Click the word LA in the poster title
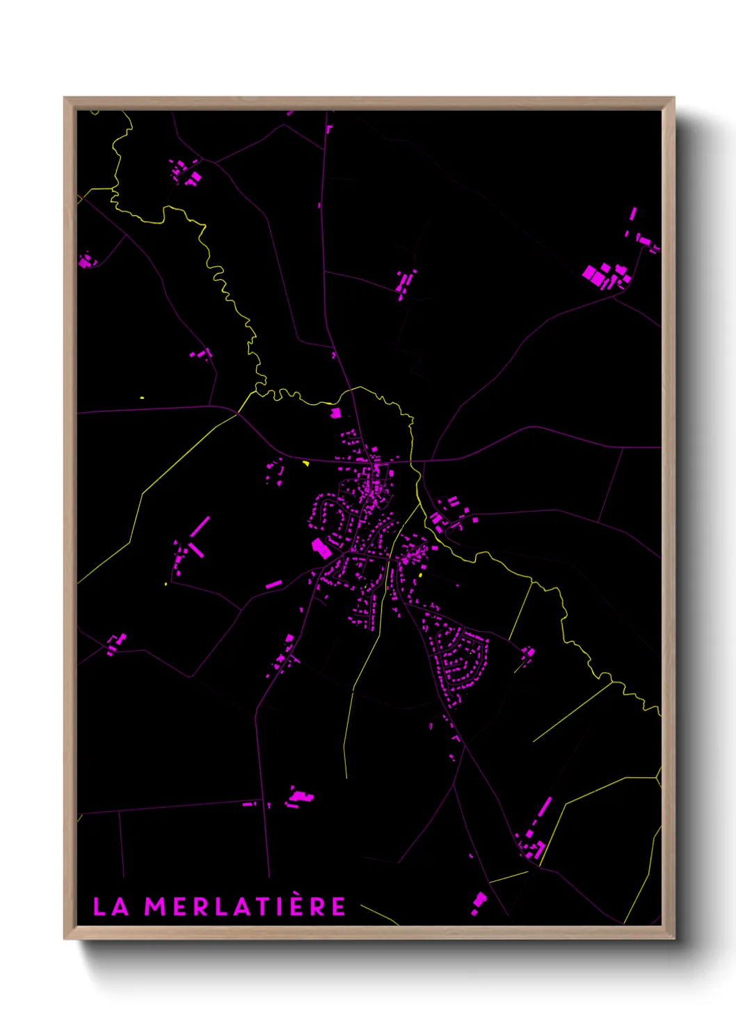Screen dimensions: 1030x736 [x=111, y=907]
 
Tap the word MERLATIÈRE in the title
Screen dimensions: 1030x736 [x=245, y=907]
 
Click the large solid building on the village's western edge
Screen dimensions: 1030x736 [x=321, y=548]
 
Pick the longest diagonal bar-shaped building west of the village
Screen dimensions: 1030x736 [x=200, y=527]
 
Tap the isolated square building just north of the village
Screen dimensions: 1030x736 [x=335, y=413]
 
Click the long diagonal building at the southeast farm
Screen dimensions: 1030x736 [x=544, y=808]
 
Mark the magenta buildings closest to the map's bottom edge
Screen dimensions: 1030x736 [x=479, y=902]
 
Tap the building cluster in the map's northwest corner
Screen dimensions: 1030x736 [x=186, y=171]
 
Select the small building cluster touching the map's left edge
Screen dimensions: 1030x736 [x=86, y=261]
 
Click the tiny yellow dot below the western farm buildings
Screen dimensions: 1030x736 [x=166, y=584]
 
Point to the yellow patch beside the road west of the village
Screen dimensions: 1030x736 [x=305, y=462]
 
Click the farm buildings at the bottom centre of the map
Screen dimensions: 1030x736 [x=300, y=798]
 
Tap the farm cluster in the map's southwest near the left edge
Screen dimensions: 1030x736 [x=115, y=644]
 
